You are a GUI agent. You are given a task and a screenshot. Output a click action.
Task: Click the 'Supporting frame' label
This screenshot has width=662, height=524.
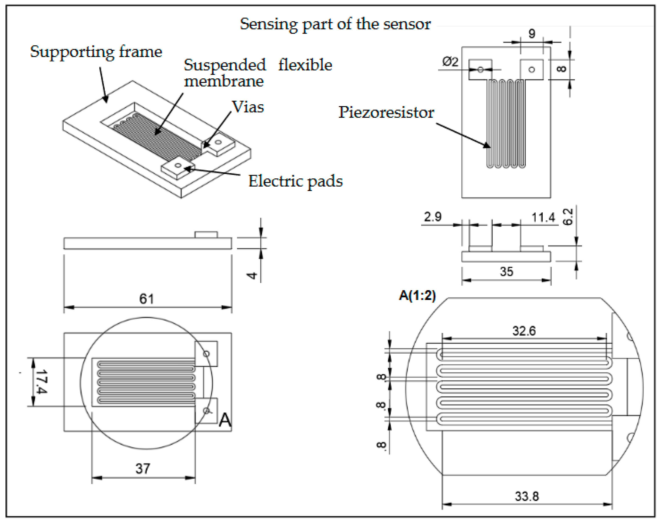coord(96,52)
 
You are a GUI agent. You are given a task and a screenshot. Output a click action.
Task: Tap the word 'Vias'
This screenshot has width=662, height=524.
coord(248,107)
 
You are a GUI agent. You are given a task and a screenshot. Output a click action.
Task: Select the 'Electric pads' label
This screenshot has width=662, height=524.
coord(295,181)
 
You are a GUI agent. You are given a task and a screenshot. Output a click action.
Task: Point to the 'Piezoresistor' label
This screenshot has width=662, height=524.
coord(386,112)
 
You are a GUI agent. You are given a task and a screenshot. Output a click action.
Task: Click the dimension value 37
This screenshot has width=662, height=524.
coord(143,468)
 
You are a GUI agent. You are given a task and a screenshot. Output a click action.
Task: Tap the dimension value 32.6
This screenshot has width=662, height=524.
coord(524,331)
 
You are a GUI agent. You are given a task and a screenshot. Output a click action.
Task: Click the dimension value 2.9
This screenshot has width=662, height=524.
coord(432,217)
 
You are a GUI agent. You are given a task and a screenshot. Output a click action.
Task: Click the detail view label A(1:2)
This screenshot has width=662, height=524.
coord(417,295)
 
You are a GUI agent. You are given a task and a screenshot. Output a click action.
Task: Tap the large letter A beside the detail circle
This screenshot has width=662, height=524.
coord(225,420)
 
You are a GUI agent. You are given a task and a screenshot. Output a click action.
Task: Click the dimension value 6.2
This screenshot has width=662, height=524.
coord(568,217)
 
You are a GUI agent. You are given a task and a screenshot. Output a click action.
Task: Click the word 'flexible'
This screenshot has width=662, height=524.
coord(305,65)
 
